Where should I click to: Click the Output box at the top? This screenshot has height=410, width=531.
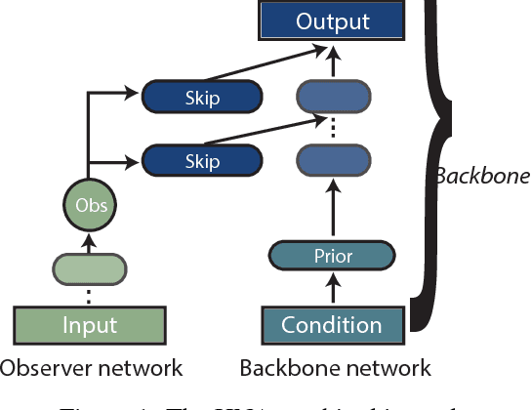pos(332,20)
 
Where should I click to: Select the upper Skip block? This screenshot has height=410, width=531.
pos(202,97)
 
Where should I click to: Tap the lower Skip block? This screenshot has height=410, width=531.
pos(202,158)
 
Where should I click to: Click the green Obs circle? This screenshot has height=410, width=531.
pos(90,206)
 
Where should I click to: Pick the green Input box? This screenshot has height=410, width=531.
pos(90,324)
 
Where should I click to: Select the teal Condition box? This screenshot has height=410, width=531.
pos(332,324)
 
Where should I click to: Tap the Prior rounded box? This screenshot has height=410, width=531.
pos(332,257)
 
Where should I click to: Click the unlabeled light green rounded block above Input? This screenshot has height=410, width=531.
pos(90,266)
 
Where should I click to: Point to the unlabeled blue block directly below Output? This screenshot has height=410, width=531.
pos(332,97)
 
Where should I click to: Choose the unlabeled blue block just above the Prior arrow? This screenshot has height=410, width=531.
pos(332,158)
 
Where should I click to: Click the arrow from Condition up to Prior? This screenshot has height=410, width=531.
pos(332,288)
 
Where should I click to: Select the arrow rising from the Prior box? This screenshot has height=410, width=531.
pos(332,210)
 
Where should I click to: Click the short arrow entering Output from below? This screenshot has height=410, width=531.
pos(332,61)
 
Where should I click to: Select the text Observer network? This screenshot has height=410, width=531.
pos(91,368)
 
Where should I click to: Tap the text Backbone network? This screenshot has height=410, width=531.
pos(335,368)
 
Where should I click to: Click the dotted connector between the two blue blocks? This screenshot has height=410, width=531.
pos(332,128)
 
